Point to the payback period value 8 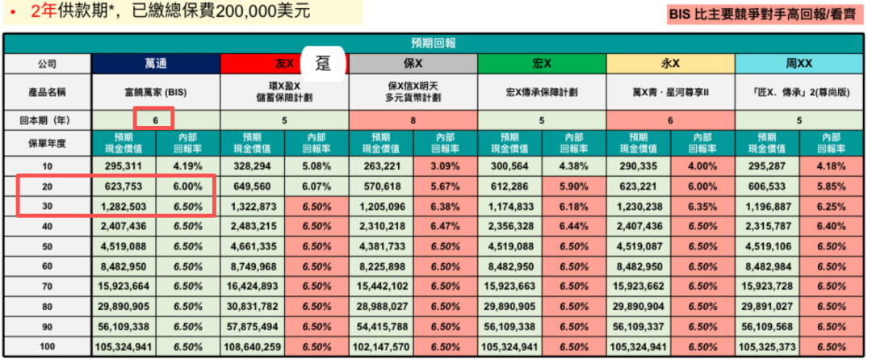click(x=413, y=119)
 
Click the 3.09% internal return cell click(x=444, y=165)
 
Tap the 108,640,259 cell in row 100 click(x=254, y=347)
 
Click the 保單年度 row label click(x=47, y=143)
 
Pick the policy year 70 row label click(x=47, y=287)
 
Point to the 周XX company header click(x=799, y=63)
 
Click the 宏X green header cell click(x=542, y=63)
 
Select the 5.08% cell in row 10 click(x=316, y=165)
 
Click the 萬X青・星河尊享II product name click(x=671, y=93)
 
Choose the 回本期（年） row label click(x=47, y=119)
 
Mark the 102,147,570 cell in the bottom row click(x=382, y=347)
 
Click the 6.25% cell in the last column click(x=832, y=206)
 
